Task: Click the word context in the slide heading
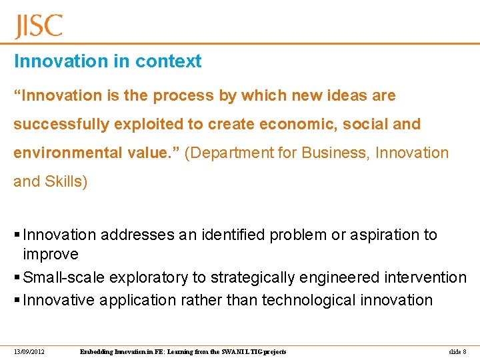point(168,61)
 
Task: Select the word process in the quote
point(185,96)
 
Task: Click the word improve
point(51,254)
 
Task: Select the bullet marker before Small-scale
point(17,277)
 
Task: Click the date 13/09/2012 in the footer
point(29,351)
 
